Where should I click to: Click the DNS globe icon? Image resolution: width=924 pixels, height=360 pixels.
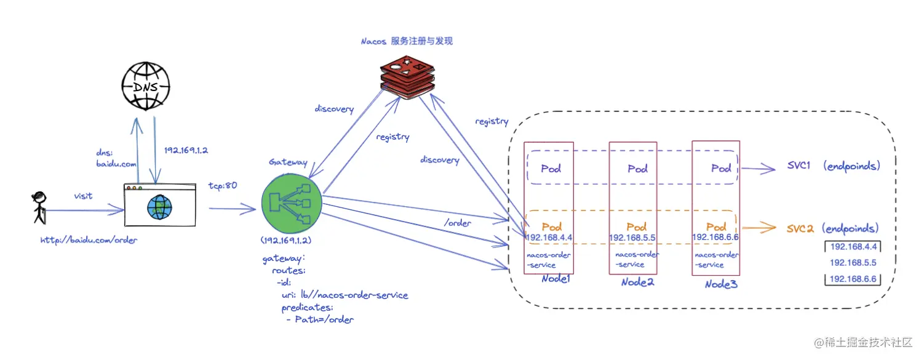tap(146, 86)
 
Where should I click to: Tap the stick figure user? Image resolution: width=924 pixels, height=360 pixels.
tap(39, 207)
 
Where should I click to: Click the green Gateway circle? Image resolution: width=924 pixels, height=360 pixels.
tap(292, 203)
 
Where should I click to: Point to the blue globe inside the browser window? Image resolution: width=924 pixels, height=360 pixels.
tap(159, 207)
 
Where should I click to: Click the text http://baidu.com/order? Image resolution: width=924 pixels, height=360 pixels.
tap(89, 240)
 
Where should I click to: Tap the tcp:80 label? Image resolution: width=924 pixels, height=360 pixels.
tap(223, 186)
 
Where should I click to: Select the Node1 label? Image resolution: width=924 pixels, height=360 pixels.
tap(556, 279)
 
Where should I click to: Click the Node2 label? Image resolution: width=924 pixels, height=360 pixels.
tap(637, 282)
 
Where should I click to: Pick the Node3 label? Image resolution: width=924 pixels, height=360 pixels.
tap(721, 284)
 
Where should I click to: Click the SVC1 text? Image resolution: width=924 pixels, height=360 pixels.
tap(799, 165)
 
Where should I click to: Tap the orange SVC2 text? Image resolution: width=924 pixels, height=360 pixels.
tap(800, 228)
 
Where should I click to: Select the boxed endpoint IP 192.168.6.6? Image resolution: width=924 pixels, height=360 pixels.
tap(853, 279)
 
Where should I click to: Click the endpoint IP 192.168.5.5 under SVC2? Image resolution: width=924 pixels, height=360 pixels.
tap(853, 263)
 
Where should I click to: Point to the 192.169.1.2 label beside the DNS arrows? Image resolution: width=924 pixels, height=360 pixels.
tap(186, 150)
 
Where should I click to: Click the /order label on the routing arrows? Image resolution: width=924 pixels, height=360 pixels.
tap(458, 223)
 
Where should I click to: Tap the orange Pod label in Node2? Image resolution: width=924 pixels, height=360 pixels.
tap(637, 226)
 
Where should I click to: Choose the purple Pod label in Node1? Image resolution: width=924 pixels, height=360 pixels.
tap(551, 169)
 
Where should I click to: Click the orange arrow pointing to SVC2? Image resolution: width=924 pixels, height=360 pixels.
tap(759, 228)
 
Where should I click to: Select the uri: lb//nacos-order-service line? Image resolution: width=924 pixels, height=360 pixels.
tap(345, 295)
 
